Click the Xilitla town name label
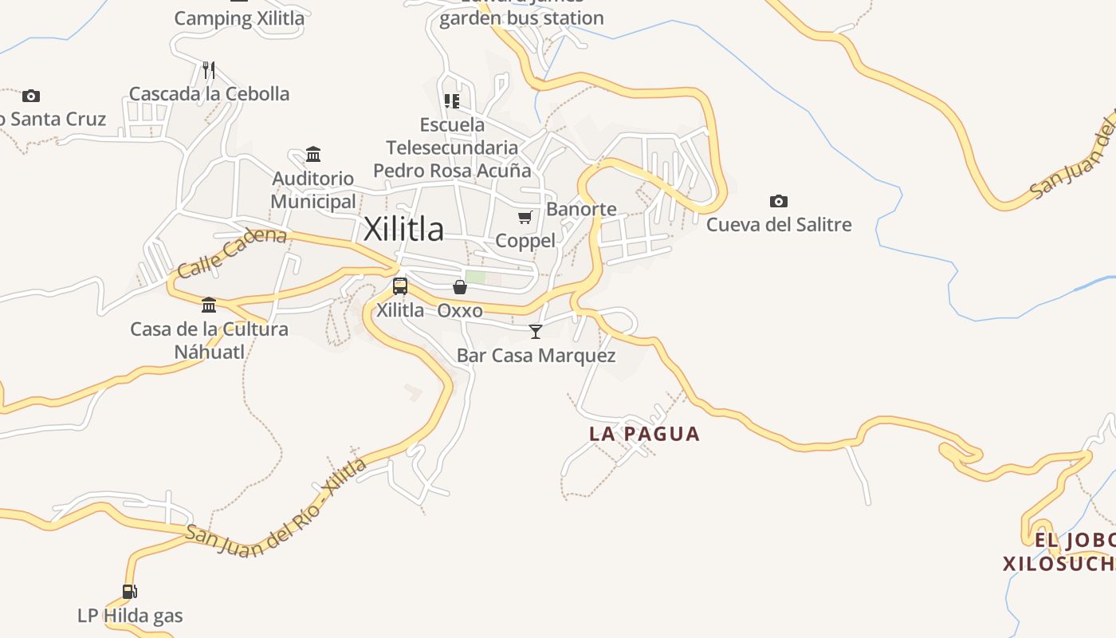(403, 230)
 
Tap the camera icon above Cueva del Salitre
(779, 201)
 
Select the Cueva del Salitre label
(779, 225)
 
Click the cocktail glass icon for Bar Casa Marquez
(536, 331)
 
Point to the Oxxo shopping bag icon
(460, 287)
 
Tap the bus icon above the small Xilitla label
(400, 286)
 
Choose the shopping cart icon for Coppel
(525, 217)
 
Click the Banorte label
(581, 209)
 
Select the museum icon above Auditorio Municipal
(313, 154)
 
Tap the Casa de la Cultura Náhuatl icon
(209, 305)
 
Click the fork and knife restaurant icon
(209, 69)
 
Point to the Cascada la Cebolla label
(209, 93)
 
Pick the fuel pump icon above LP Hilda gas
(130, 591)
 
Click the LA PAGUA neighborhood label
(644, 434)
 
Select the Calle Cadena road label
(232, 252)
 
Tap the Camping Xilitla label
(239, 18)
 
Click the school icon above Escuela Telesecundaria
(452, 101)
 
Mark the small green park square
(475, 278)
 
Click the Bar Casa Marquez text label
(536, 356)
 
